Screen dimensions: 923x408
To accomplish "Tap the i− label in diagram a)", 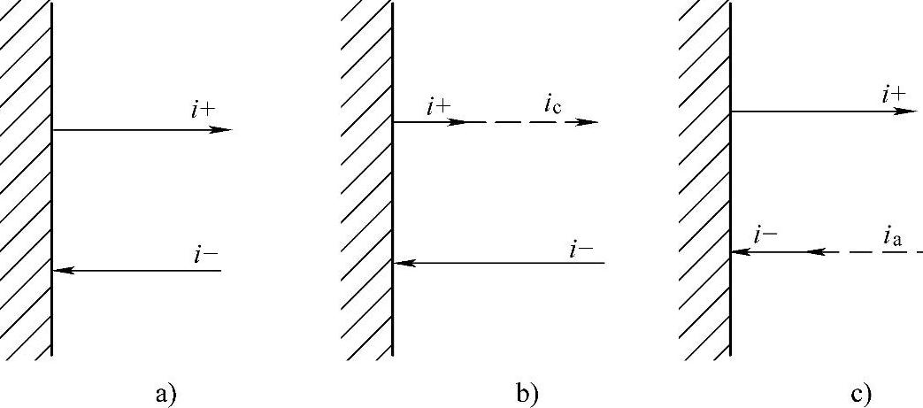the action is [x=206, y=255].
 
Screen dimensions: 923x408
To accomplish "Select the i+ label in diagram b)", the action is [x=438, y=107].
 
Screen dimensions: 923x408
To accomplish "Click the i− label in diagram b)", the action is [x=581, y=249].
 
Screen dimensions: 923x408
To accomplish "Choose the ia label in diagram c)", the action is [x=892, y=236].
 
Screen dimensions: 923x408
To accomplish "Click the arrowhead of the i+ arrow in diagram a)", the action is [x=222, y=130].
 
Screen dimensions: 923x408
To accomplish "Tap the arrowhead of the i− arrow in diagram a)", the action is [x=62, y=270].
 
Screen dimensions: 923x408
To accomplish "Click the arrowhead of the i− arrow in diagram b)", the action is [x=403, y=263].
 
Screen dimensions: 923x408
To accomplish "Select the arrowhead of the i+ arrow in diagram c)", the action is [x=906, y=112].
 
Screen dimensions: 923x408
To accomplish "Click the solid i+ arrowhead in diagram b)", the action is [x=458, y=122].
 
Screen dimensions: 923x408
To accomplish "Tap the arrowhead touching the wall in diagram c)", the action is [x=740, y=252].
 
